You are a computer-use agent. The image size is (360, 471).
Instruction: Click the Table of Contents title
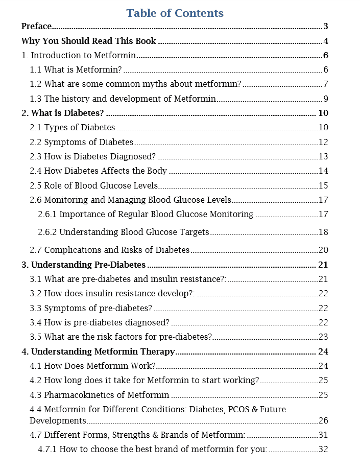point(175,13)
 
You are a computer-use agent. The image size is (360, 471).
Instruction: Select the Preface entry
point(36,27)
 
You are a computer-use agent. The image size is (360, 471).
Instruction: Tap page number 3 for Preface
point(325,27)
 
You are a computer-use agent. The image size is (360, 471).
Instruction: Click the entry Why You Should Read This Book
point(89,41)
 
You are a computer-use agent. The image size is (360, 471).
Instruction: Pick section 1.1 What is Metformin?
point(76,70)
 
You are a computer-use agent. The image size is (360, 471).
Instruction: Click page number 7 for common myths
point(325,84)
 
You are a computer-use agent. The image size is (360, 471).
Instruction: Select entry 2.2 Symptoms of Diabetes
point(81,142)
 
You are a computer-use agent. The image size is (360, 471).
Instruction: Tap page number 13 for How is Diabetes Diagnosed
point(323,156)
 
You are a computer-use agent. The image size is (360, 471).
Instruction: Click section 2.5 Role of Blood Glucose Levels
point(93,185)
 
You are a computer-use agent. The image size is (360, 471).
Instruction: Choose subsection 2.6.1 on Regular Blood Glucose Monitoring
point(146,214)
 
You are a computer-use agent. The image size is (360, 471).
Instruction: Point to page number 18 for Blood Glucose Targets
point(323,232)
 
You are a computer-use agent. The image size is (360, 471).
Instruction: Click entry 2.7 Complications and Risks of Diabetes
point(109,250)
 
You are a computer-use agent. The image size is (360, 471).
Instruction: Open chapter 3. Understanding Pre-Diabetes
point(83,265)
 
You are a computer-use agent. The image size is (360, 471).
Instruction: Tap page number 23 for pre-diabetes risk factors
point(323,337)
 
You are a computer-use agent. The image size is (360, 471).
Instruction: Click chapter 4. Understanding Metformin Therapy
point(98,351)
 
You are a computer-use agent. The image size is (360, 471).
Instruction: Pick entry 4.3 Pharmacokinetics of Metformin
point(99,395)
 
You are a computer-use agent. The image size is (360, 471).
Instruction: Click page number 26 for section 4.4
point(323,421)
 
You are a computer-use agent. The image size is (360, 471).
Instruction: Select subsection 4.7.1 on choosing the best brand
point(153,450)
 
